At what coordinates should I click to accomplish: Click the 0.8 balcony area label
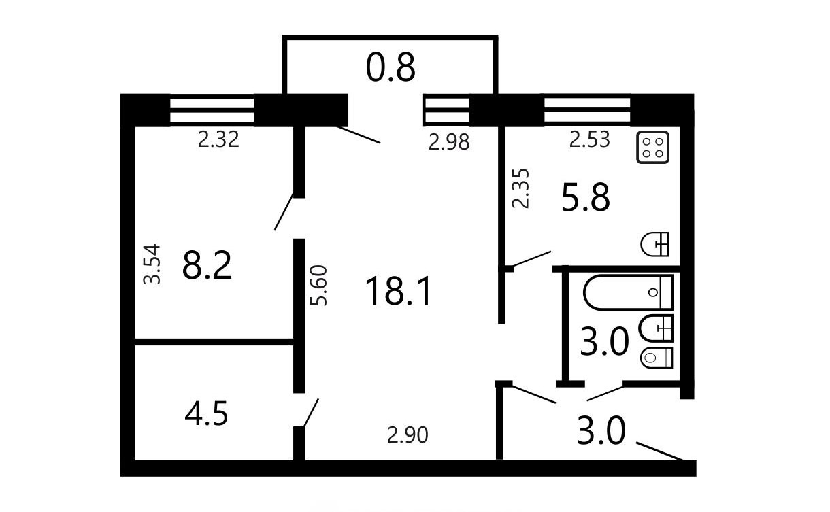tap(391, 68)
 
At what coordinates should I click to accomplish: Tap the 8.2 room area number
tap(207, 265)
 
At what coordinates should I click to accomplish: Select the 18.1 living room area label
tap(398, 291)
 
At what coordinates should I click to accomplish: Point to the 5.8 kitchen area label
tap(586, 198)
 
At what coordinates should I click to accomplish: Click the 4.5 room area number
tap(206, 414)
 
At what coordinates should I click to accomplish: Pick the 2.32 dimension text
tap(218, 140)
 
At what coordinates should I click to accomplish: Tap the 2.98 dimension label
tap(449, 142)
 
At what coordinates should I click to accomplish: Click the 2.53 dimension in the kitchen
tap(590, 139)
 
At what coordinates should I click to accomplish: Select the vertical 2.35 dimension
tap(520, 188)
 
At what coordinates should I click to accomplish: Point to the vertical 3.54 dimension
tap(152, 264)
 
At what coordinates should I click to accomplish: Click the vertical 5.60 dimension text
tap(318, 286)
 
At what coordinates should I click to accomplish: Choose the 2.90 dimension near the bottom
tap(408, 435)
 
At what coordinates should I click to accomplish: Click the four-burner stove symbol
tap(652, 147)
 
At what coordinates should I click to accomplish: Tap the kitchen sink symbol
tap(654, 244)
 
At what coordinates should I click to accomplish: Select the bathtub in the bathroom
tap(628, 292)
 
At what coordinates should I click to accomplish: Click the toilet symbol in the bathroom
tap(657, 358)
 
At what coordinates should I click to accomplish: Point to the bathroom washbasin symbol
tap(657, 328)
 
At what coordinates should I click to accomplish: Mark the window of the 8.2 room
tap(212, 110)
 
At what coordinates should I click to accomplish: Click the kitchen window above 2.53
tap(587, 110)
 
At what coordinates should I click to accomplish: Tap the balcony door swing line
tap(359, 135)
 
